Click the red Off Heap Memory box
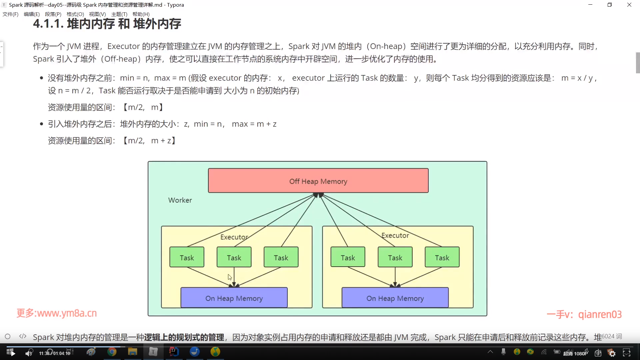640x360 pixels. tap(318, 181)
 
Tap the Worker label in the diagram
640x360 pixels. tap(180, 200)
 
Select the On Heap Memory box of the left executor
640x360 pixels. tap(234, 298)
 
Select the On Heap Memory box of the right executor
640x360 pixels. tap(395, 298)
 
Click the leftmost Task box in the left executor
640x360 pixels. tap(187, 257)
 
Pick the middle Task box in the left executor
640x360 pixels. tap(234, 257)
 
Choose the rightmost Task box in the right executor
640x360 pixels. tap(442, 257)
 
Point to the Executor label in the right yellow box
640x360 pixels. tap(395, 235)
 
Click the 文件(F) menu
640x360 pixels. tap(10, 14)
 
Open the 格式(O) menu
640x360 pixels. tap(75, 14)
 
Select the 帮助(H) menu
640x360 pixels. tap(141, 14)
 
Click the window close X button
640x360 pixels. tap(629, 5)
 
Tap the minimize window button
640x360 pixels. tap(590, 5)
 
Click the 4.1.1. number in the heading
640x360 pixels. tap(48, 24)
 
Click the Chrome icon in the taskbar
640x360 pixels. tap(112, 352)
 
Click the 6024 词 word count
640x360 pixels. tap(612, 336)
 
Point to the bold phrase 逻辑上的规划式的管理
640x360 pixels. tap(184, 337)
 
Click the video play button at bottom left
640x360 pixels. tap(13, 353)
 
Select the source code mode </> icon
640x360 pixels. tap(23, 336)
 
